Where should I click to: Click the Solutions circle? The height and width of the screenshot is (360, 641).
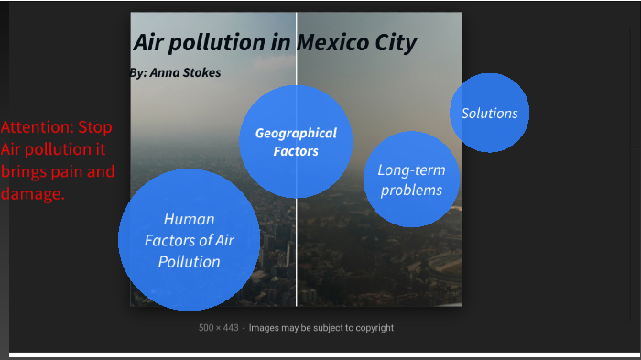coord(489,113)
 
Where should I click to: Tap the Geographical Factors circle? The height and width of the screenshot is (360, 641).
coord(295,141)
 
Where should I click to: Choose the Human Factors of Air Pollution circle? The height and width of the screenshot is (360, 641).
coord(189,240)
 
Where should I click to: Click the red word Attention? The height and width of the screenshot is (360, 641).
coord(36,127)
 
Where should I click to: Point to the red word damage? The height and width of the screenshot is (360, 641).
coord(32,193)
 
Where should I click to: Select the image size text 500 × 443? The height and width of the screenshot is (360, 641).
coord(218,327)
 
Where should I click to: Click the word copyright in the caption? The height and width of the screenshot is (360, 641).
coord(369,327)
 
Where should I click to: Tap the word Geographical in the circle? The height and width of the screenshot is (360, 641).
coord(295,133)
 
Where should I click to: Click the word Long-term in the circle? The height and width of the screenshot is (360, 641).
coord(405,170)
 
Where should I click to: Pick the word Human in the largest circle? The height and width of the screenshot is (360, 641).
coord(189,220)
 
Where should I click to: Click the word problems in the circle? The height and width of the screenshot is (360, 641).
coord(411,191)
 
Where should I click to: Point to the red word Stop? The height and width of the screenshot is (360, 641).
coord(94,127)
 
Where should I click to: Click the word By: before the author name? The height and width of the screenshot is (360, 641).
coord(138,72)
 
